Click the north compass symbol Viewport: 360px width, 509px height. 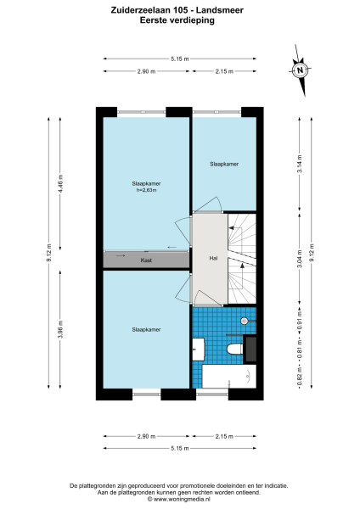tap(299, 71)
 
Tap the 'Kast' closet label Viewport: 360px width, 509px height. tap(146, 260)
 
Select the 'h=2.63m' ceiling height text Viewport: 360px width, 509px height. tap(147, 190)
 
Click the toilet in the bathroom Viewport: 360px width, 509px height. tap(235, 348)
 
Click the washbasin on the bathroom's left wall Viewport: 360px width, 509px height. tap(198, 348)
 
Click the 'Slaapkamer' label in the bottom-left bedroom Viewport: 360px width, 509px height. tap(146, 328)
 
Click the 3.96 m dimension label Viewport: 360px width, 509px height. tap(60, 327)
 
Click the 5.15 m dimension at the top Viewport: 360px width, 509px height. tap(179, 59)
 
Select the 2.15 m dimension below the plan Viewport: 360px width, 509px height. tap(224, 436)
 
